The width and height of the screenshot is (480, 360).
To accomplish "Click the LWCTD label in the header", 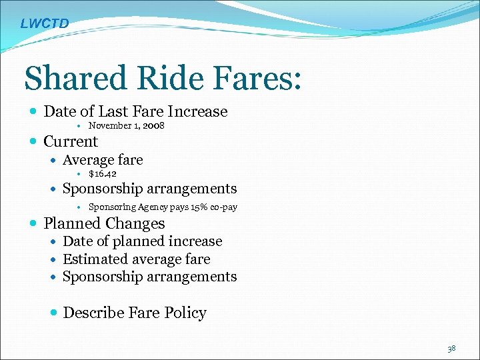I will tap(44, 24).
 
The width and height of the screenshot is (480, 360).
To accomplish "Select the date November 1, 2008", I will tap(127, 125).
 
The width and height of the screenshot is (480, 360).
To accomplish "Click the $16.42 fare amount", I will tap(103, 174).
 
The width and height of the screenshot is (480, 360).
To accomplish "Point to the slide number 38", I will tap(452, 348).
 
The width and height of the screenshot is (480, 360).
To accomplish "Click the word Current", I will tap(71, 141).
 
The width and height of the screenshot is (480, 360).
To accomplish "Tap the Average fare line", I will tap(103, 160).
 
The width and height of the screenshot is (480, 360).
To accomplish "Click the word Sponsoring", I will tap(111, 207).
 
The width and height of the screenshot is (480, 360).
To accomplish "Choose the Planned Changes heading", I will tap(104, 223).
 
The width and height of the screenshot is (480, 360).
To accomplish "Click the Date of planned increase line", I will tap(142, 241).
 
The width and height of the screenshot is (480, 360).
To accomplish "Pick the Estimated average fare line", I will tap(136, 259).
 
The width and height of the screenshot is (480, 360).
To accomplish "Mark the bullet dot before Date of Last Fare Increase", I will tap(34, 112).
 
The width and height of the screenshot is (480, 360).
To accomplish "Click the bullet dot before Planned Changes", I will tap(34, 224).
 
